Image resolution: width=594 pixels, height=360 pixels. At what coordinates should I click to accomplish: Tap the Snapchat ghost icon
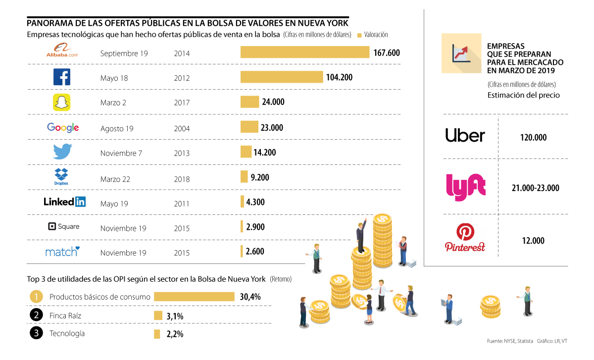(62, 103)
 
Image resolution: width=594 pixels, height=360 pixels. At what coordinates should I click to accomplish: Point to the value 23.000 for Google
(272, 128)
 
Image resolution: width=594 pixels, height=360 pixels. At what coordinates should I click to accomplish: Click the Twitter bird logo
(62, 152)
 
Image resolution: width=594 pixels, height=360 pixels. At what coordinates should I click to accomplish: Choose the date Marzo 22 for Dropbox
(115, 179)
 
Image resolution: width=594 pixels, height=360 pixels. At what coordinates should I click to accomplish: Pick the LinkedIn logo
(64, 202)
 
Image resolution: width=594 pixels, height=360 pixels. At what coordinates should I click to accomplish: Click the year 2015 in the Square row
(182, 228)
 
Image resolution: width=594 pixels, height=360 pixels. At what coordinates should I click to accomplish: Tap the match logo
(62, 252)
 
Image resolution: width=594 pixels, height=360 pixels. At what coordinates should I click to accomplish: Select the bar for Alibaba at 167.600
(305, 52)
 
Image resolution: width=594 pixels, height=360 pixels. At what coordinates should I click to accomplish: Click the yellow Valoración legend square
(359, 35)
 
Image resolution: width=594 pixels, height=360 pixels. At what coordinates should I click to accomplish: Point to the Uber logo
(465, 136)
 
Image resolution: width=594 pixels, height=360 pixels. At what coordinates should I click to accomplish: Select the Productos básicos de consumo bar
(194, 297)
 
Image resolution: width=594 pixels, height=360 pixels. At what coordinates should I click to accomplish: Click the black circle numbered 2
(36, 315)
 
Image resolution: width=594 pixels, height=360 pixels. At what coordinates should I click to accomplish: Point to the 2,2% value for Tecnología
(175, 334)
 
